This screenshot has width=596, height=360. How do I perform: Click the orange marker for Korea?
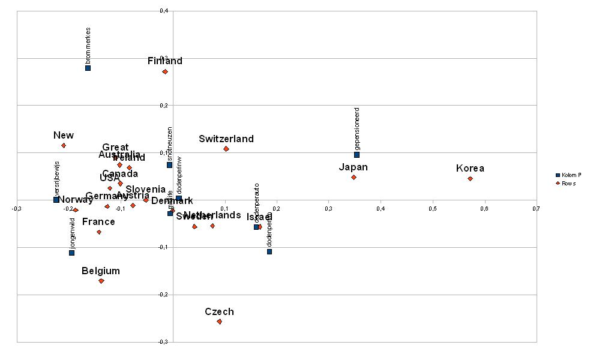pos(470,178)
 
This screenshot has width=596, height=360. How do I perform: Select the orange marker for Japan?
pos(354,177)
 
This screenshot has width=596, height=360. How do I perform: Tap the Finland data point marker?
pos(165,72)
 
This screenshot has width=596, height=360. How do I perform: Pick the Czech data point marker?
pos(219,322)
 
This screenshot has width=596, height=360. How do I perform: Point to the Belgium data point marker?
pos(101,281)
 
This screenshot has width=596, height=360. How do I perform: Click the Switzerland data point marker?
pos(226,149)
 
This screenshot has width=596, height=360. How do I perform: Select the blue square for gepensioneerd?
pos(357,155)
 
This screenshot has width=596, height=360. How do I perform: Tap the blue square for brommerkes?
pos(88,68)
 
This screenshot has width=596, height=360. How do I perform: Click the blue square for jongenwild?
pos(71,253)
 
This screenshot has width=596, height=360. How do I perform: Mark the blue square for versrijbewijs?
pos(56,199)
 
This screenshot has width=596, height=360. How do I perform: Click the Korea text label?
pos(470,168)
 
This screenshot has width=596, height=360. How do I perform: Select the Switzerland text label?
pos(226,139)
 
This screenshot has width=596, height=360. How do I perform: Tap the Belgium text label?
pos(101,271)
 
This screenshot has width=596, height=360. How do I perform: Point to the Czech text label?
pos(219,311)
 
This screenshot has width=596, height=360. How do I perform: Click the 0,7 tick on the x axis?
pos(535,208)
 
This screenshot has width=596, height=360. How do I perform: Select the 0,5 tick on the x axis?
pos(432,208)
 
